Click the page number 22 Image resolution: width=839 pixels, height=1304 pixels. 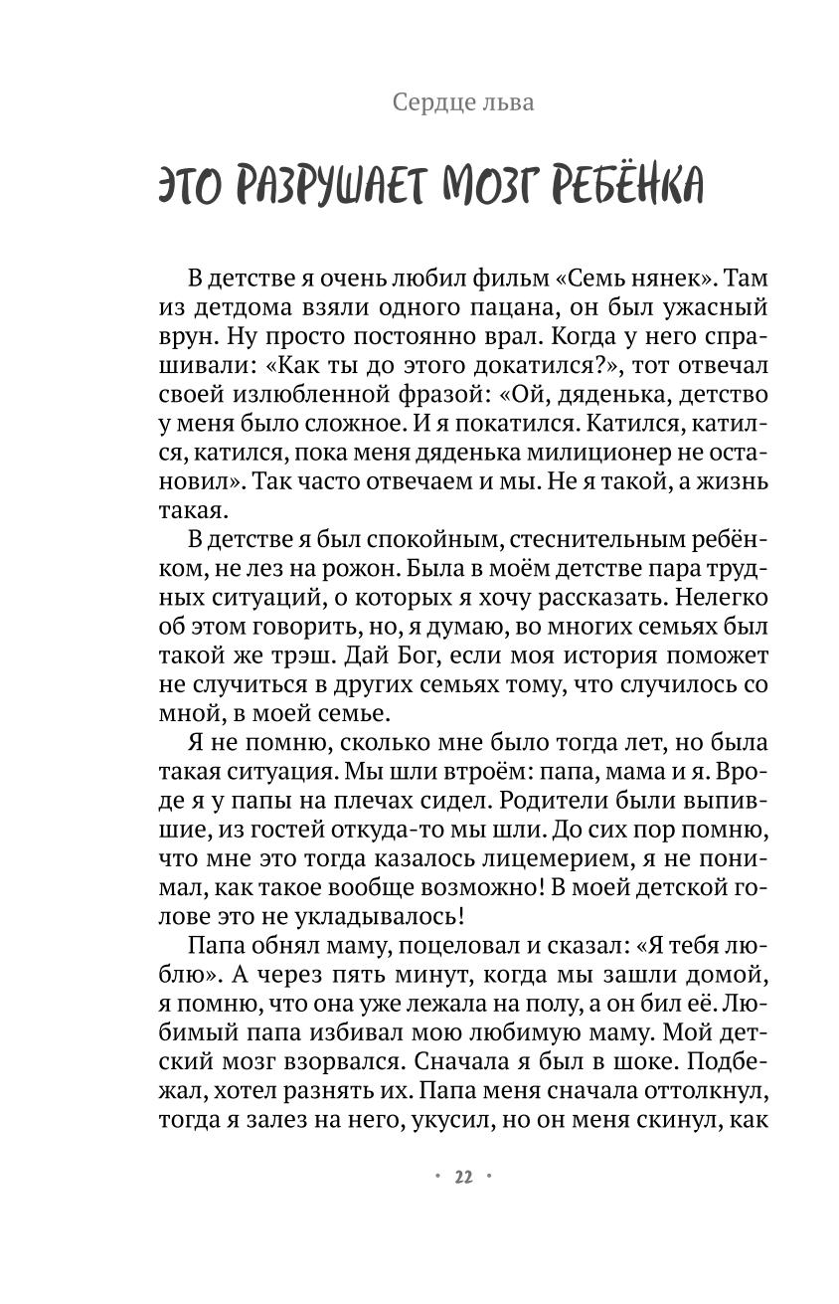pos(463,1177)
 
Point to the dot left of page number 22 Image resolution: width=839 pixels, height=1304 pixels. pos(438,1177)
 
